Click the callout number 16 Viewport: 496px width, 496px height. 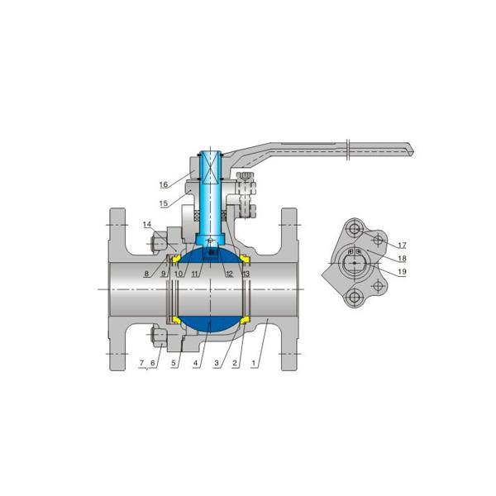click(164, 184)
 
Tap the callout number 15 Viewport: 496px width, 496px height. click(164, 203)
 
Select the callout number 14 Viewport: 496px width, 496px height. click(147, 225)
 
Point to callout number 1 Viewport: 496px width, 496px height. click(253, 363)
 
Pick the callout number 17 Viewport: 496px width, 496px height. click(402, 246)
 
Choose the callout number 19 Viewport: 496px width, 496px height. click(402, 271)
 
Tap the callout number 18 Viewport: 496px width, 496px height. click(402, 259)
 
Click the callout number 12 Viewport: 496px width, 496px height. click(229, 274)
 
